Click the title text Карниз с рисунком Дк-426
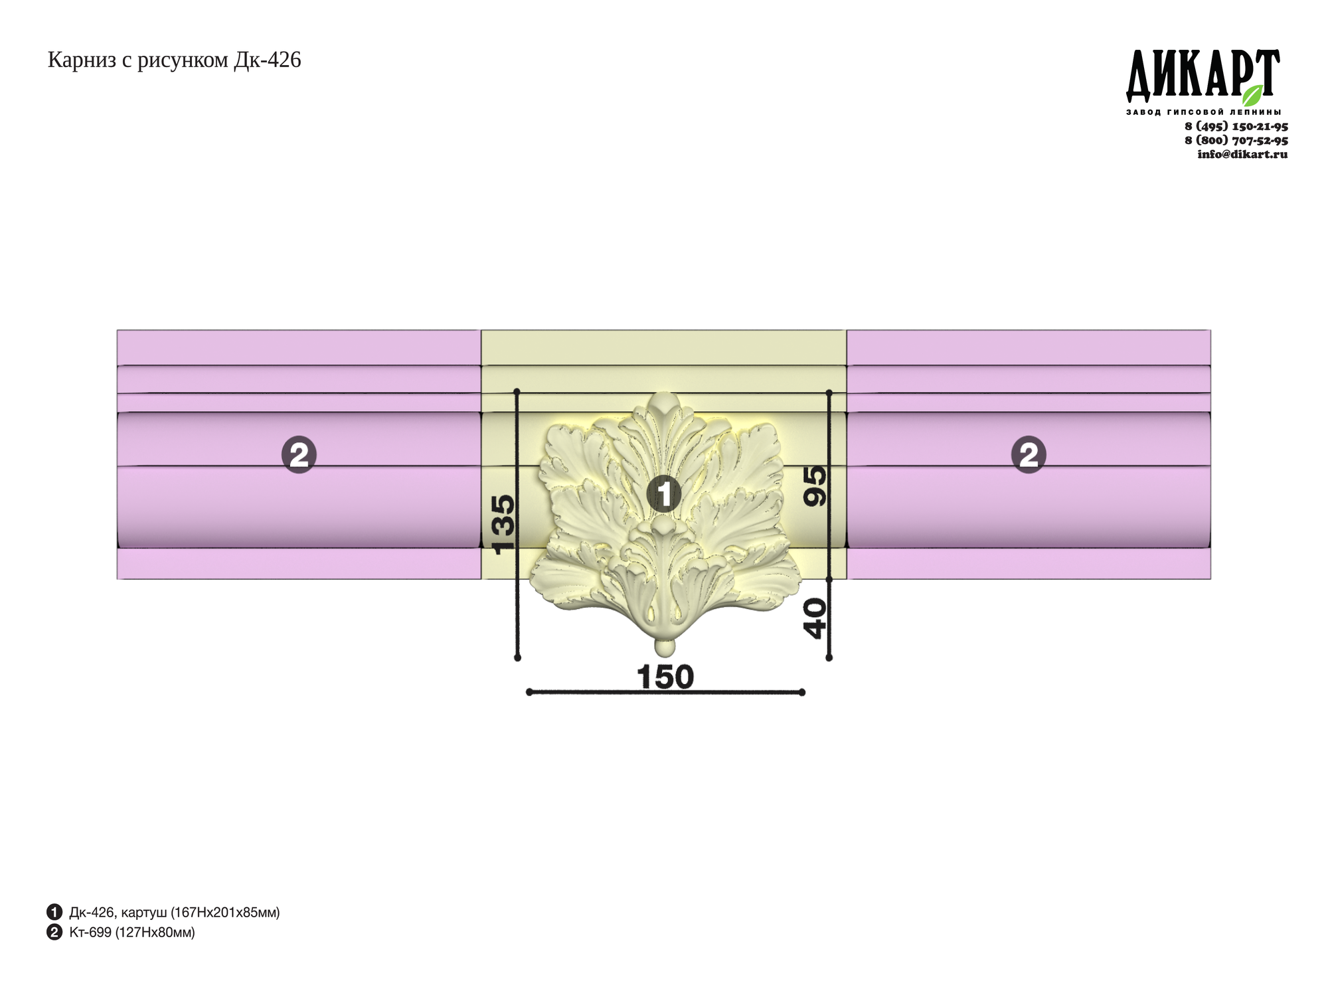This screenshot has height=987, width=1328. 174,60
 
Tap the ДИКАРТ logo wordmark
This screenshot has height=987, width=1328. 1203,76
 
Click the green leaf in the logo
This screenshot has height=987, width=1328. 1252,95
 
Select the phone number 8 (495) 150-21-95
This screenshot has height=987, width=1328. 1236,126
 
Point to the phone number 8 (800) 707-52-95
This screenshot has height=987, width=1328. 1236,140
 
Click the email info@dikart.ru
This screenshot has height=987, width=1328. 1242,154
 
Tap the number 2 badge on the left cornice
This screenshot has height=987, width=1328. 299,455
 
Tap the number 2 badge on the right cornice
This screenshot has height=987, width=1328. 1028,455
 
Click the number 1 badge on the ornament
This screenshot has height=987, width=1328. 664,493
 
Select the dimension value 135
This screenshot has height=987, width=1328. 503,524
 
